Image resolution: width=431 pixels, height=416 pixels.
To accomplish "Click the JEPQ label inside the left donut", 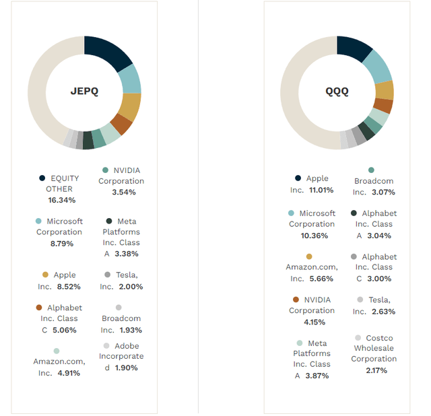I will [84, 92].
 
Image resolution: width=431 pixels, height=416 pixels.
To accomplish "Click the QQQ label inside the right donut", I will [337, 92].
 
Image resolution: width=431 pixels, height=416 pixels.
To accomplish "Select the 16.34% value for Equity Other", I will [62, 200].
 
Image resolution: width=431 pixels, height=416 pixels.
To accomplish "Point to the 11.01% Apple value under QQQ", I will [320, 190].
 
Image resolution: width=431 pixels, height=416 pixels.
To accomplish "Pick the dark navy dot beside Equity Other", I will [42, 178].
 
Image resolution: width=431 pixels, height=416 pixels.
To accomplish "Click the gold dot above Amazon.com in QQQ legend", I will [309, 256].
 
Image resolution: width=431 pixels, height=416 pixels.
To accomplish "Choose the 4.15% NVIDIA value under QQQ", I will [314, 322].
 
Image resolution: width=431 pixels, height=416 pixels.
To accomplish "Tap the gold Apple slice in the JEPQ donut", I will [131, 106].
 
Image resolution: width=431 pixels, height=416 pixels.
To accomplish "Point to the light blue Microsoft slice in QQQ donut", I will [378, 65].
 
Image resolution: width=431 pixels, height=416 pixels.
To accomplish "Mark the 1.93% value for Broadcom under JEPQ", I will [129, 330].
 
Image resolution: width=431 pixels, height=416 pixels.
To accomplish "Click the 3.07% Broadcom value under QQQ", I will [382, 192].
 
